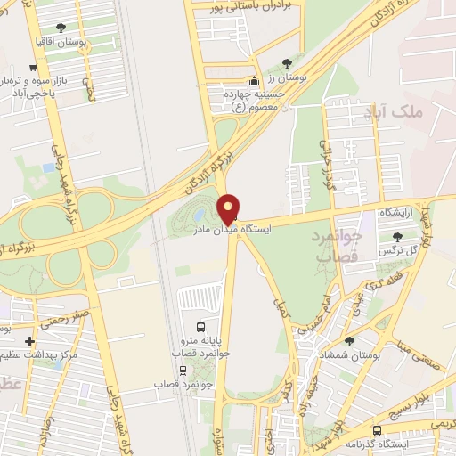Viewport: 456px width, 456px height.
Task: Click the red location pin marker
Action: click(229, 208)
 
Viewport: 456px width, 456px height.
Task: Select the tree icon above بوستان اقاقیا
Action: click(60, 28)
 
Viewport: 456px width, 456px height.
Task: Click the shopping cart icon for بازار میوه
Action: click(33, 67)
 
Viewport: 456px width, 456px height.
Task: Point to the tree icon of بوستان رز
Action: click(286, 62)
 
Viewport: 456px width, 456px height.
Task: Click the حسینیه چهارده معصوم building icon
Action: click(253, 81)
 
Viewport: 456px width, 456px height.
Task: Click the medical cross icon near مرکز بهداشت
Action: click(29, 341)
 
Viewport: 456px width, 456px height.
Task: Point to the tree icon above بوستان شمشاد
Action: click(348, 340)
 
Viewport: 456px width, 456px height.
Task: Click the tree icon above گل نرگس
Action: click(397, 236)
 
